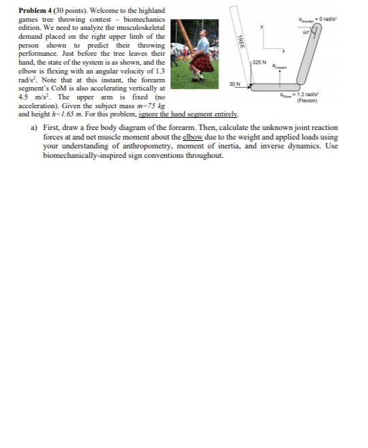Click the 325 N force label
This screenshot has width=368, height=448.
tap(258, 62)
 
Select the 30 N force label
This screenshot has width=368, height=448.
tap(234, 84)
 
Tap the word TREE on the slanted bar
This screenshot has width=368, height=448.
tap(239, 40)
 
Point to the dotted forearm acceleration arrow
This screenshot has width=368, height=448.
tap(281, 73)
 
